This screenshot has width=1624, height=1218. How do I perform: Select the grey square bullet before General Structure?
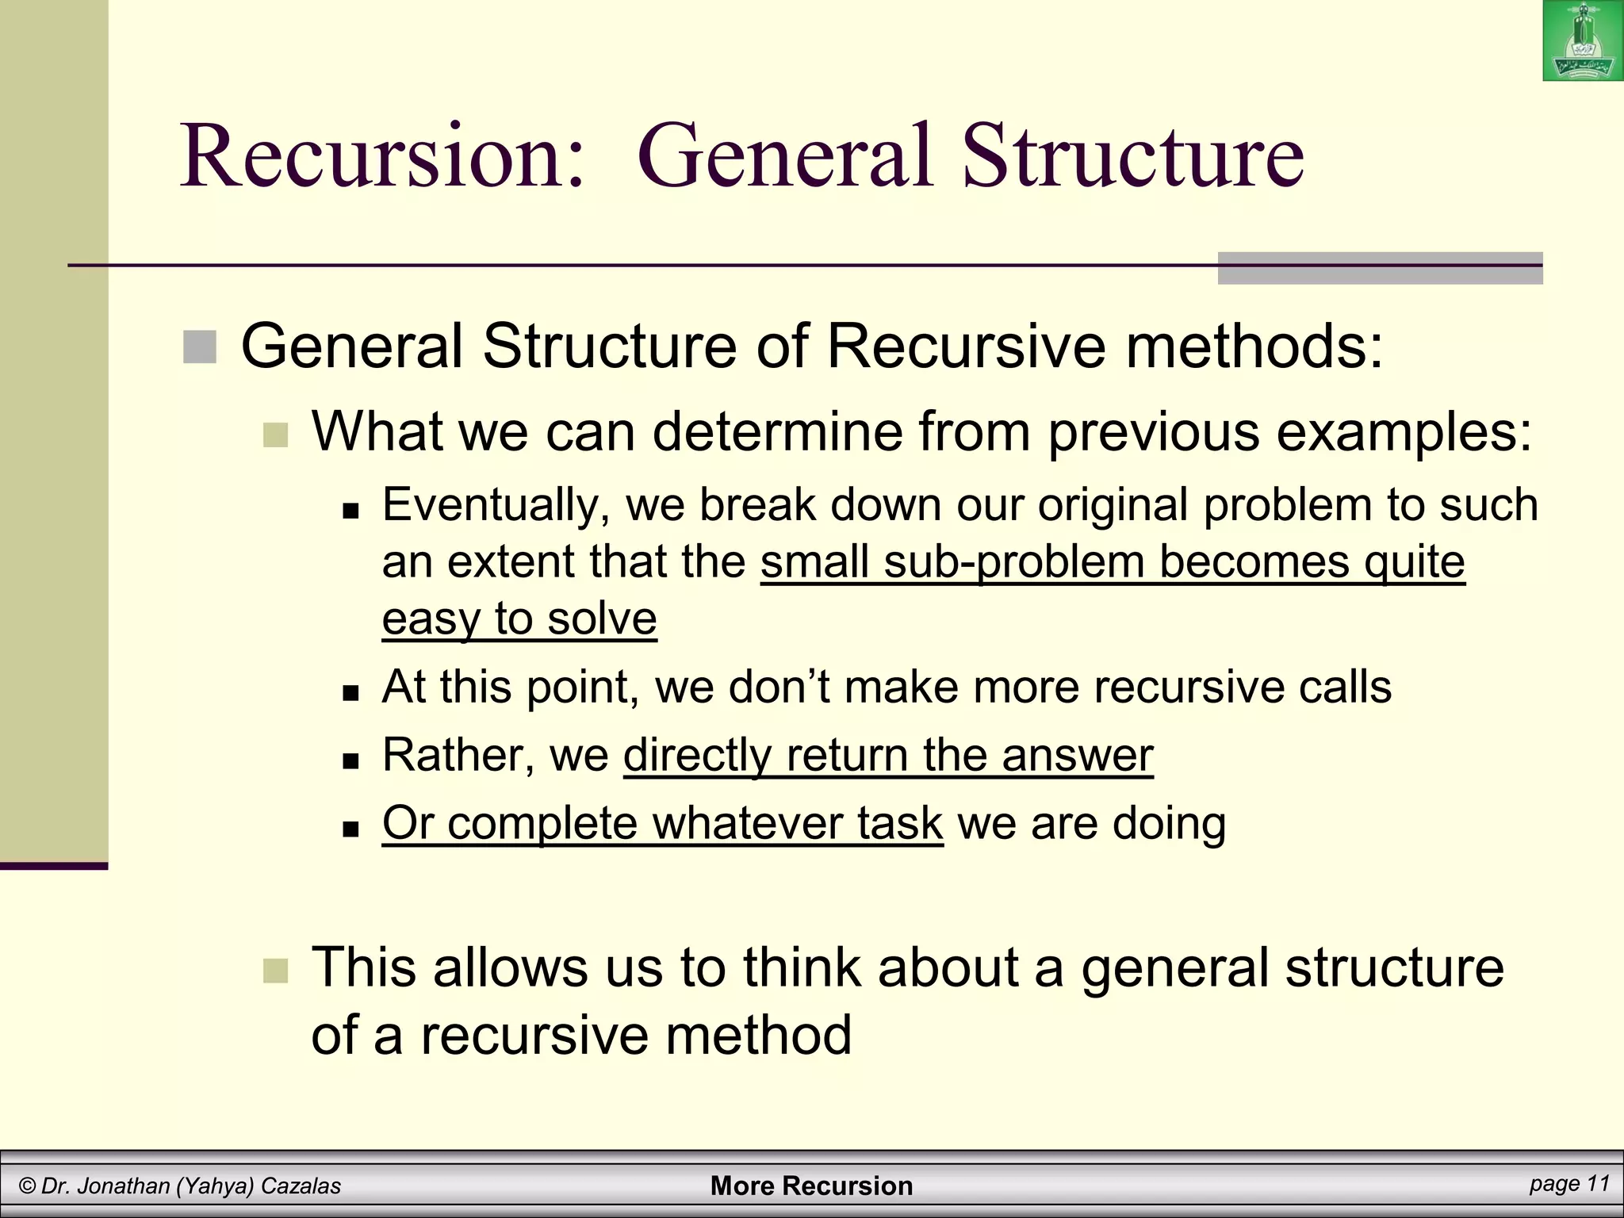click(200, 347)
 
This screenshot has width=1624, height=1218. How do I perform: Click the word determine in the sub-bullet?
click(777, 432)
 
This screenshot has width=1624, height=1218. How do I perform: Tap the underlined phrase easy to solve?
click(519, 619)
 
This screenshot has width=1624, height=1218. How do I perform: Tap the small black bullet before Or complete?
click(350, 829)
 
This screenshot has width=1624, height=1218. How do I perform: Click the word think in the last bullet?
click(802, 968)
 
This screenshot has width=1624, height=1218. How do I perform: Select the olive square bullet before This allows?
click(275, 971)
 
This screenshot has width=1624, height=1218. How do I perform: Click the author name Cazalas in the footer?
click(301, 1186)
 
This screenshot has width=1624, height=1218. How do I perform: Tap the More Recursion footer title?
click(811, 1186)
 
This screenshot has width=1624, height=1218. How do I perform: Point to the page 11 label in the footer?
click(1569, 1184)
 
